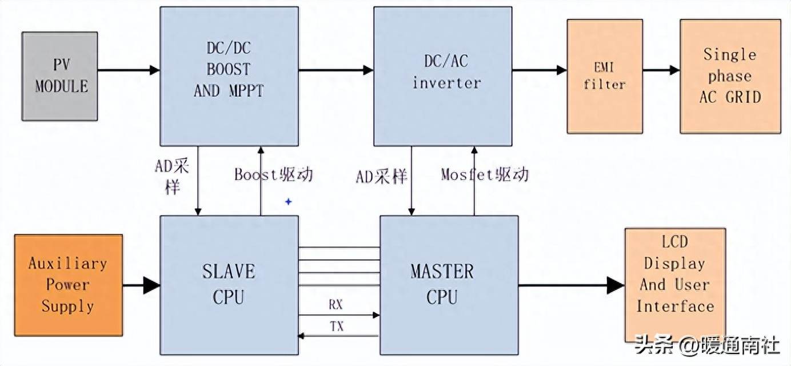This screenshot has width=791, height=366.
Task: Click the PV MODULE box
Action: coord(59,76)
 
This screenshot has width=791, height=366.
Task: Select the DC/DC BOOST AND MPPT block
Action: coord(229,75)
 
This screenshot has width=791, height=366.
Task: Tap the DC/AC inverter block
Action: coord(442,75)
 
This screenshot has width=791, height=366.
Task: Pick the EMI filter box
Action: coord(604,76)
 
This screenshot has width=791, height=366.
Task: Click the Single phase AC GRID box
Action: coord(730,76)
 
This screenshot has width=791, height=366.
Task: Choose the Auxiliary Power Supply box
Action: coord(68,285)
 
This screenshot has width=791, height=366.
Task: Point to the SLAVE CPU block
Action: coord(229,285)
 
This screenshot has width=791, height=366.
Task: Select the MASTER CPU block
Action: coord(449,285)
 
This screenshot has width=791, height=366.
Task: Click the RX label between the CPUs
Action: coord(336,304)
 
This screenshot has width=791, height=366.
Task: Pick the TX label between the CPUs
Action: coord(337,327)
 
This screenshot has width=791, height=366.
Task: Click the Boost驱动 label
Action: coord(273,174)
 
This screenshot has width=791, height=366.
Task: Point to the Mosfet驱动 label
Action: coord(485,174)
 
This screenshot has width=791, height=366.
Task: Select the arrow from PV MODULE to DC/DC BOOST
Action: coord(129,70)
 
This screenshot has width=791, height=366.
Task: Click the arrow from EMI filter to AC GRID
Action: coord(661,70)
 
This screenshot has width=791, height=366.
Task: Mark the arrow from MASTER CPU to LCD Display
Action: coord(572,285)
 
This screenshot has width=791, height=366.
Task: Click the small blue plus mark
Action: coord(289,201)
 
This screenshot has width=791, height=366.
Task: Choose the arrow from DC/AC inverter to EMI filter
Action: coord(539,70)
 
